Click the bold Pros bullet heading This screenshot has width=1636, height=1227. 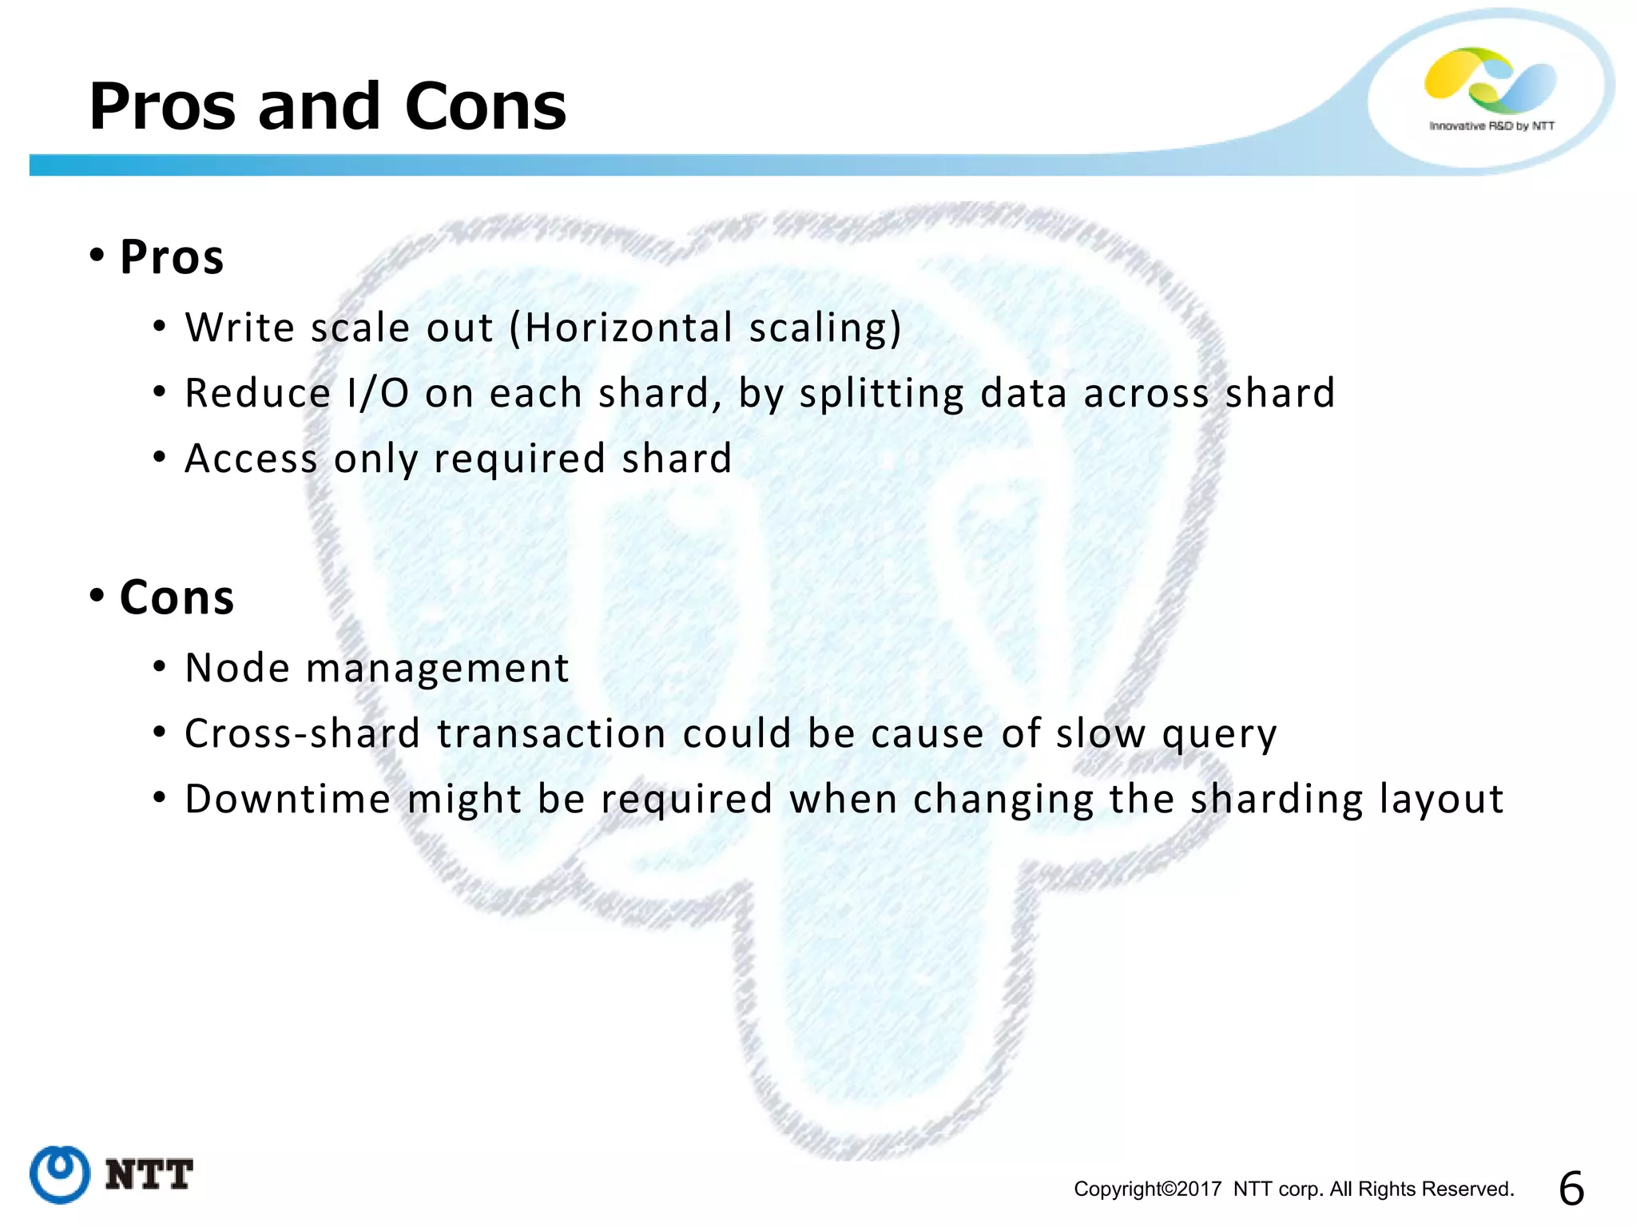coord(171,257)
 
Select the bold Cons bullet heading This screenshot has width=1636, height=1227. coord(177,598)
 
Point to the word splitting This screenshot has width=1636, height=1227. coord(881,394)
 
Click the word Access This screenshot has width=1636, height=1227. coord(251,459)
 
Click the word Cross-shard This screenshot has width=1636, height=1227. coord(302,733)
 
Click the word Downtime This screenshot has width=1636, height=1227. coord(288,799)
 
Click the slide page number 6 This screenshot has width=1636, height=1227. coord(1570,1189)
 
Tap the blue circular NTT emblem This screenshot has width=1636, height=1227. coord(60,1173)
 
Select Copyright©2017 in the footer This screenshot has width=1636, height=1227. coord(1147,1189)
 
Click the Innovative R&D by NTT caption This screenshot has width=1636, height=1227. coord(1491,126)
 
